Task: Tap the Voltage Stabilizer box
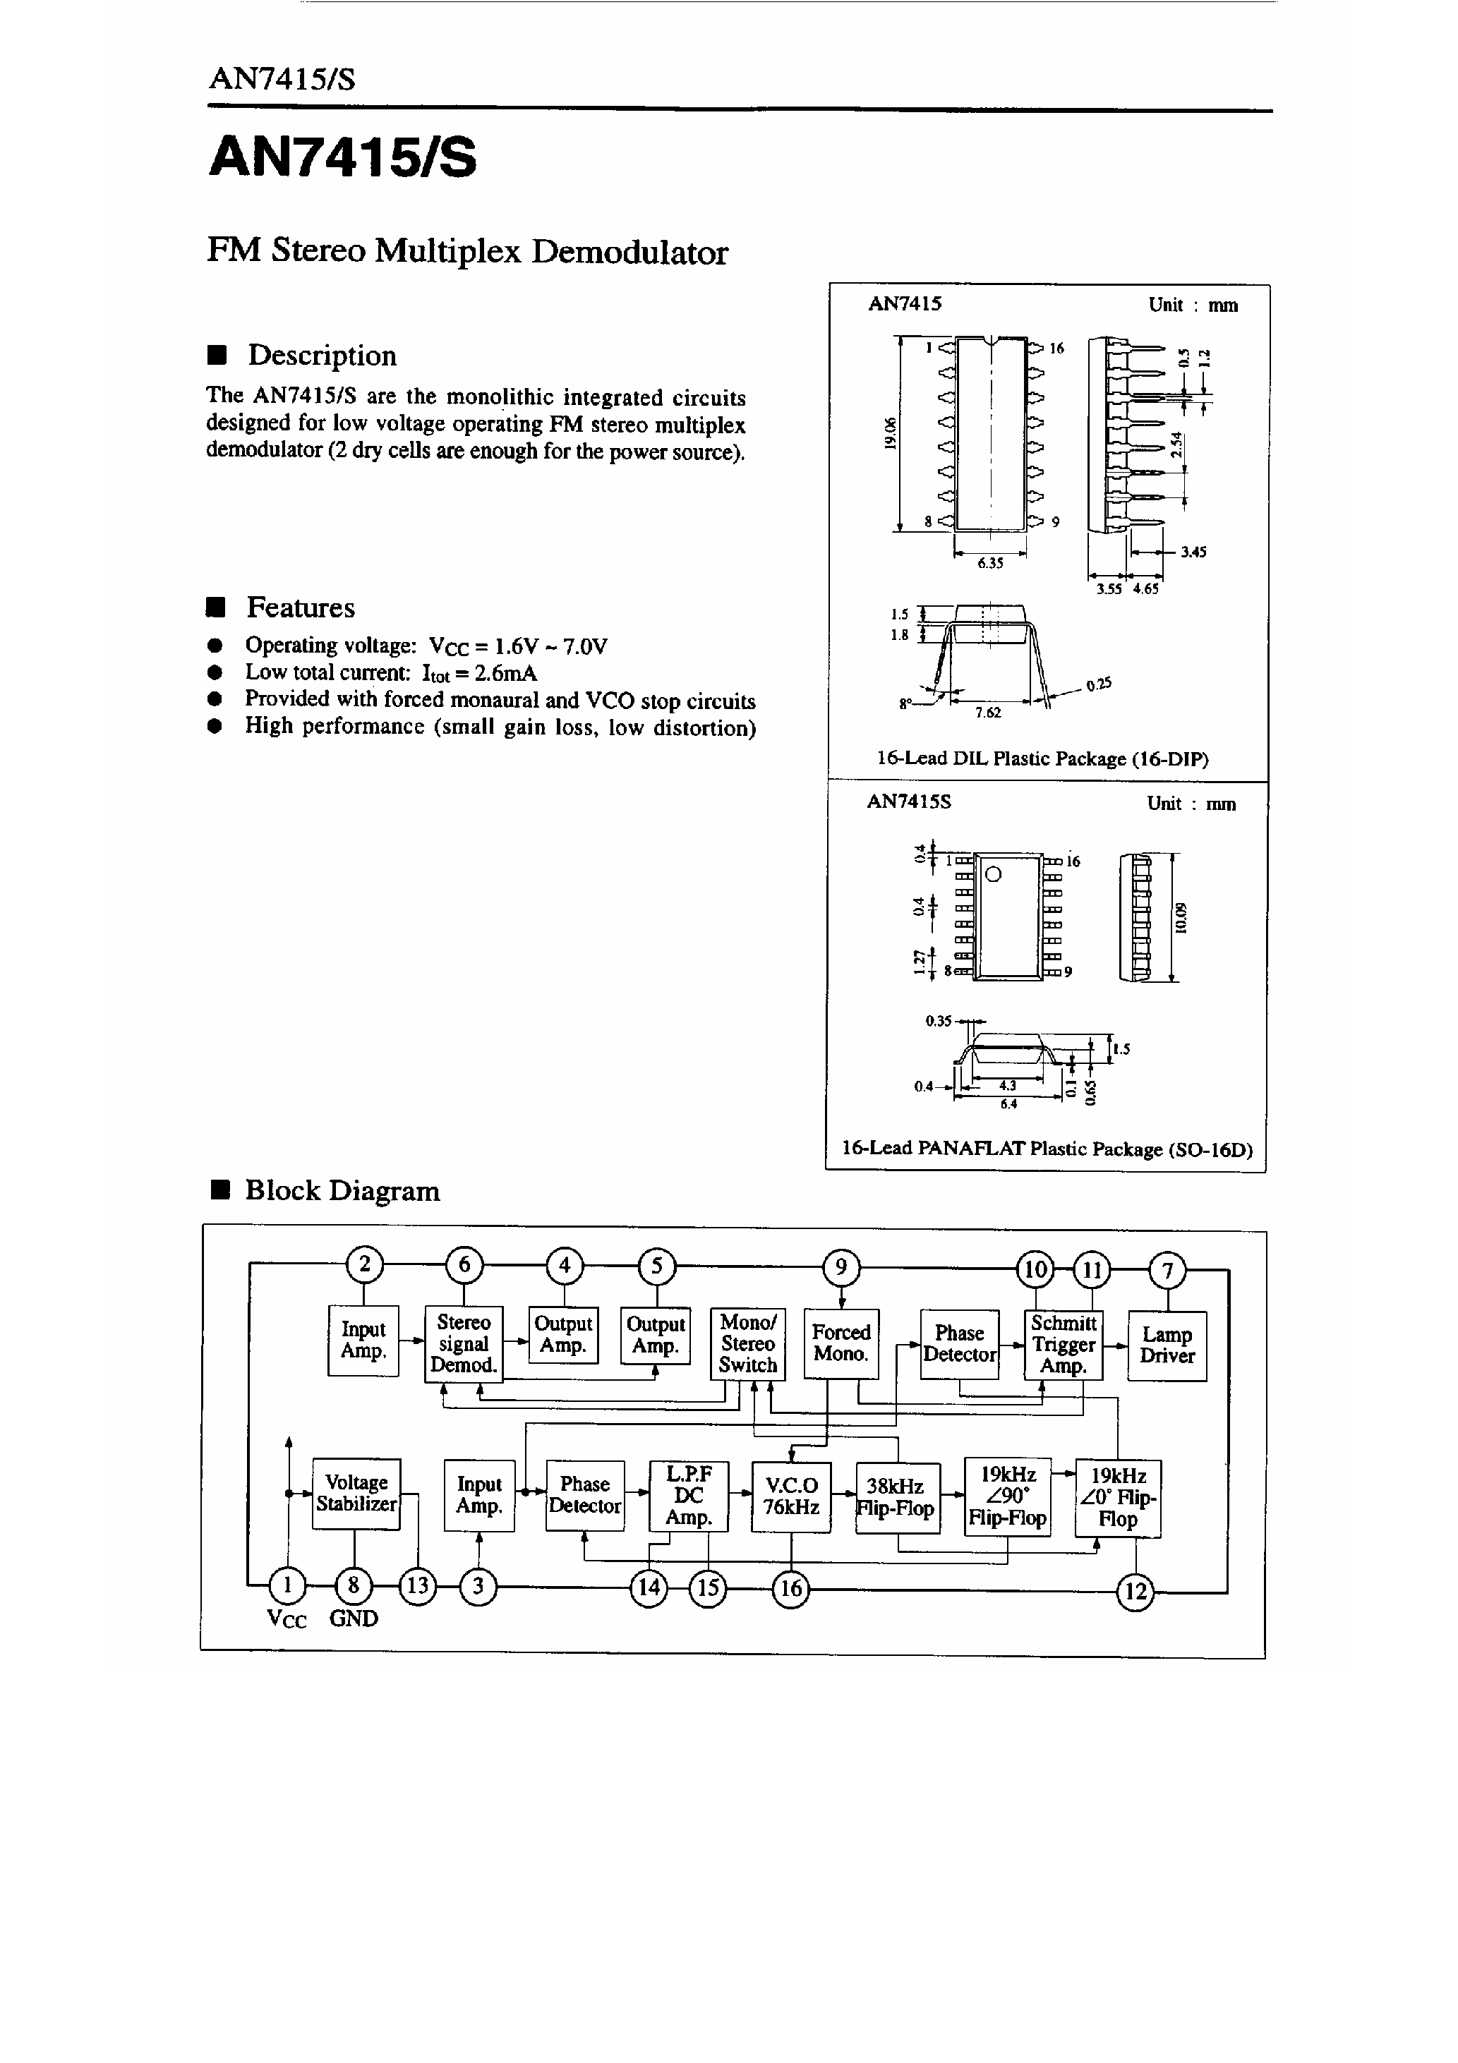356,1494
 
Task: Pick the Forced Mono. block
841,1343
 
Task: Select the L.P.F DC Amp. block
689,1496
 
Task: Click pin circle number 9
841,1268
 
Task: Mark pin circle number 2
364,1265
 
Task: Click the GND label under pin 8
354,1619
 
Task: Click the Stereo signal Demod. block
464,1344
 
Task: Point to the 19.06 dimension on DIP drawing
889,433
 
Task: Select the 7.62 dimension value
988,713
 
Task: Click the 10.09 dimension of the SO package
1181,917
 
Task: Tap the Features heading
300,607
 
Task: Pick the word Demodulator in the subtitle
629,252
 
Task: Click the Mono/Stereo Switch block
748,1344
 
